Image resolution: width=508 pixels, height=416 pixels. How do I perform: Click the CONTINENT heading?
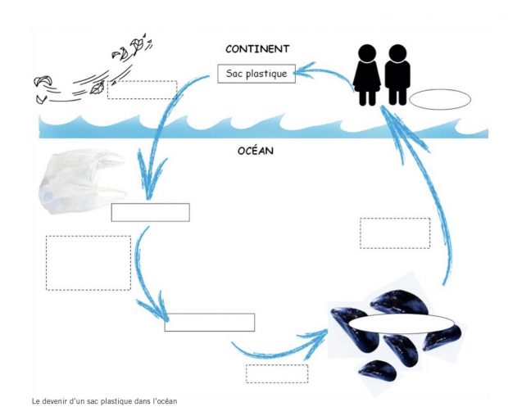(256, 49)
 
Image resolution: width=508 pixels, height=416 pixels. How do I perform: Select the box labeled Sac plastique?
(256, 75)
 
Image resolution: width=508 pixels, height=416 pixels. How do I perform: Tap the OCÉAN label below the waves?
(256, 151)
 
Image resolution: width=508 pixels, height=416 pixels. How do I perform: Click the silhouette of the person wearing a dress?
(367, 75)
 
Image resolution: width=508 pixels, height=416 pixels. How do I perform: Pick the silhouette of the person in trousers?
(398, 75)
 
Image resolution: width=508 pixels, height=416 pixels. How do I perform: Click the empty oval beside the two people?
(440, 100)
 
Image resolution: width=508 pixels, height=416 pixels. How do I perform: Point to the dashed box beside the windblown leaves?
(142, 90)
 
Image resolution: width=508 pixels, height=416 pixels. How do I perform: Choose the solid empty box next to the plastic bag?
(150, 213)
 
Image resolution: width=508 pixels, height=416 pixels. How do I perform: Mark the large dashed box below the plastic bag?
(88, 263)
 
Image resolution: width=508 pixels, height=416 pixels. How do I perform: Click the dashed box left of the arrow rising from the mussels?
(394, 233)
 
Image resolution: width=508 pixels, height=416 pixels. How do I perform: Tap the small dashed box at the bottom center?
(277, 373)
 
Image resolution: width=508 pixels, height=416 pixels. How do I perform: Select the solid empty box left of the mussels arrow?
(209, 322)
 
